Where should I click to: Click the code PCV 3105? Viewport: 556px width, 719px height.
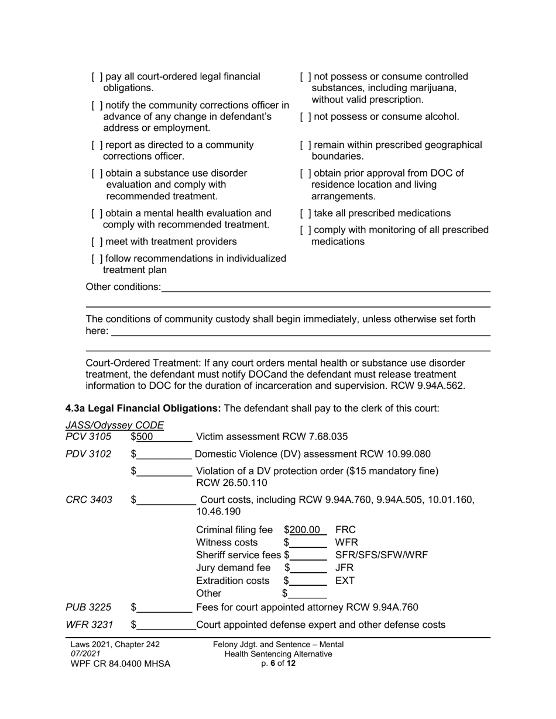(88, 437)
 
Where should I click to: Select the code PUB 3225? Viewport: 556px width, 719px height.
(88, 607)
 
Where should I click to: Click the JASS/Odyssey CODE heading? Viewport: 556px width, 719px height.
(115, 425)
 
